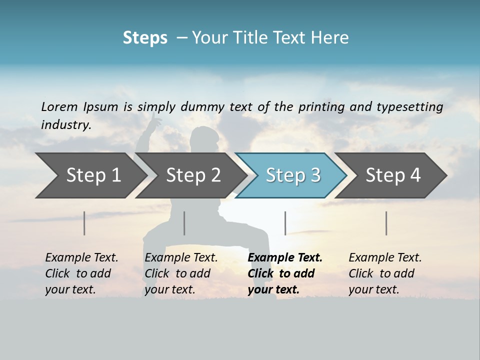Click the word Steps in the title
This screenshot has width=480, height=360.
145,38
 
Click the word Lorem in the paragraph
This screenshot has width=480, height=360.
59,107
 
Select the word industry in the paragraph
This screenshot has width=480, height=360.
65,125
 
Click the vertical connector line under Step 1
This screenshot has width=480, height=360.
84,223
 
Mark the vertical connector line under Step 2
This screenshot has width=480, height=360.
184,223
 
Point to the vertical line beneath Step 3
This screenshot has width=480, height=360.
285,223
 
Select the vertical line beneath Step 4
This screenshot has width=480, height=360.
386,223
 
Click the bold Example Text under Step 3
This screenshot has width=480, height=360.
285,258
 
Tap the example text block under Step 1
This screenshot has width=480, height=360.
81,273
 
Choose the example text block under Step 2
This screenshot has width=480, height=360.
181,273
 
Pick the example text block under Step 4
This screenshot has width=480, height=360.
385,273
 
